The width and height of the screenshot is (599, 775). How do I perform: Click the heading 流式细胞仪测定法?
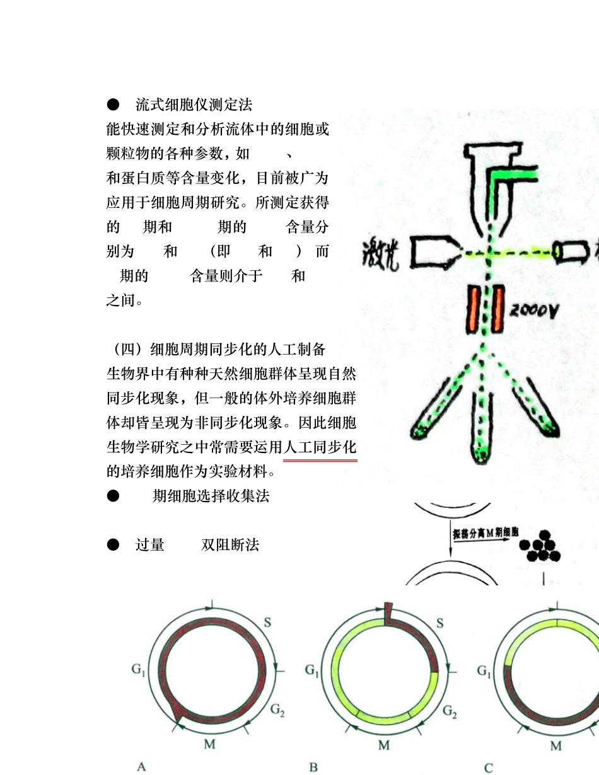[x=194, y=105]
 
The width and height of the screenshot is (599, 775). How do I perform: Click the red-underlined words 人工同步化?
[x=320, y=448]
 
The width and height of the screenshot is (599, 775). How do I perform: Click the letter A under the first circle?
[x=142, y=766]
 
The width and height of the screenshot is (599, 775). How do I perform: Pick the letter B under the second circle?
[x=313, y=766]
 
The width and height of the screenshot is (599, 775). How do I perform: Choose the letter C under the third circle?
[x=488, y=767]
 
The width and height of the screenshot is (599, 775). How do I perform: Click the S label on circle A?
[x=267, y=623]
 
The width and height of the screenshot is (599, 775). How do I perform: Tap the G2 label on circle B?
[x=450, y=711]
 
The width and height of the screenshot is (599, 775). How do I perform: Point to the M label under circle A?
[x=210, y=744]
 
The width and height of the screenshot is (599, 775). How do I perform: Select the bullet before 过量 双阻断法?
[x=113, y=544]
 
